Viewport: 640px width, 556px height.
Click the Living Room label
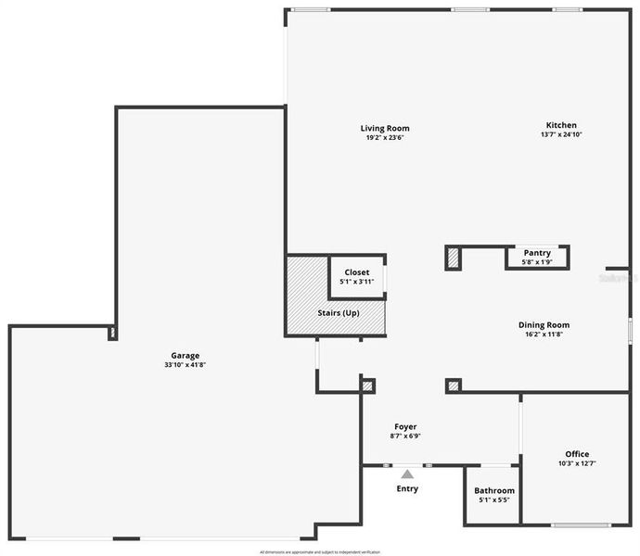tap(385, 128)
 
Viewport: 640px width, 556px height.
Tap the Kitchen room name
tap(561, 125)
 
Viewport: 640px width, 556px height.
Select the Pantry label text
tap(537, 252)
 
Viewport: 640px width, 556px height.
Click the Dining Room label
tap(544, 324)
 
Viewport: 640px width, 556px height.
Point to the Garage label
tap(185, 355)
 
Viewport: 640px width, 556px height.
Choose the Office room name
tap(577, 453)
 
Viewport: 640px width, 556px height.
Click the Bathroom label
tap(494, 490)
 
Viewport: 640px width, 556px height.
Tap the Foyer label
tap(404, 426)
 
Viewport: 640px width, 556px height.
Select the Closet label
tap(356, 272)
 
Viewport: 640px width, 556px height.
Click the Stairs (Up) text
tap(339, 312)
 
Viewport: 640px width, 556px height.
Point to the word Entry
tap(407, 488)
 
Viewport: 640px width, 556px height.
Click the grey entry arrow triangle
tap(407, 474)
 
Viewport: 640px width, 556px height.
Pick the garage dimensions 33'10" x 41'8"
tap(185, 365)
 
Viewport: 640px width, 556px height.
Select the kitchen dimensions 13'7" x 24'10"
tap(561, 134)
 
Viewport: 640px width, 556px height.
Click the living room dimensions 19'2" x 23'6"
tap(385, 137)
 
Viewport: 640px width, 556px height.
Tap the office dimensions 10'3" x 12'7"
tap(577, 462)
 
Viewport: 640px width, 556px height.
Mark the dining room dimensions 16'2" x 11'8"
tap(544, 334)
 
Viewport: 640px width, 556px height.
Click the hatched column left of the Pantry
tap(453, 258)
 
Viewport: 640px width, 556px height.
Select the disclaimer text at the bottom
tap(320, 551)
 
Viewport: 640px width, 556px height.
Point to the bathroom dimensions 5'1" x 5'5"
tap(494, 499)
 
